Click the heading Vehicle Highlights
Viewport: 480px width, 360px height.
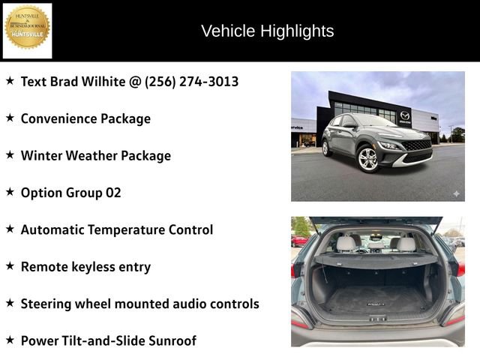[267, 31]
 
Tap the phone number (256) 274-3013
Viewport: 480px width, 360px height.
[191, 81]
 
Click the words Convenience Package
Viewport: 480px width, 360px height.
[85, 118]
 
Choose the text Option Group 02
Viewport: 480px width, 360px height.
[70, 193]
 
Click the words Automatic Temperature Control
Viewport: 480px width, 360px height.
[116, 229]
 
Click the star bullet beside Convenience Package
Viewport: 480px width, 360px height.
[10, 118]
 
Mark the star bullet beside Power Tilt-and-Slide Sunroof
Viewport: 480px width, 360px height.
[10, 340]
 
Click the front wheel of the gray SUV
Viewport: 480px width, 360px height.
[368, 159]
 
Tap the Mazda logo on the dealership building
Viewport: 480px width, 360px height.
[405, 115]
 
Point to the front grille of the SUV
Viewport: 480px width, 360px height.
[417, 145]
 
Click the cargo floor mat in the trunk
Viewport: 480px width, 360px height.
[374, 302]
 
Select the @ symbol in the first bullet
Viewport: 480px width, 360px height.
[134, 81]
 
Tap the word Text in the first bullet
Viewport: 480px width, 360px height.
[34, 81]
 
